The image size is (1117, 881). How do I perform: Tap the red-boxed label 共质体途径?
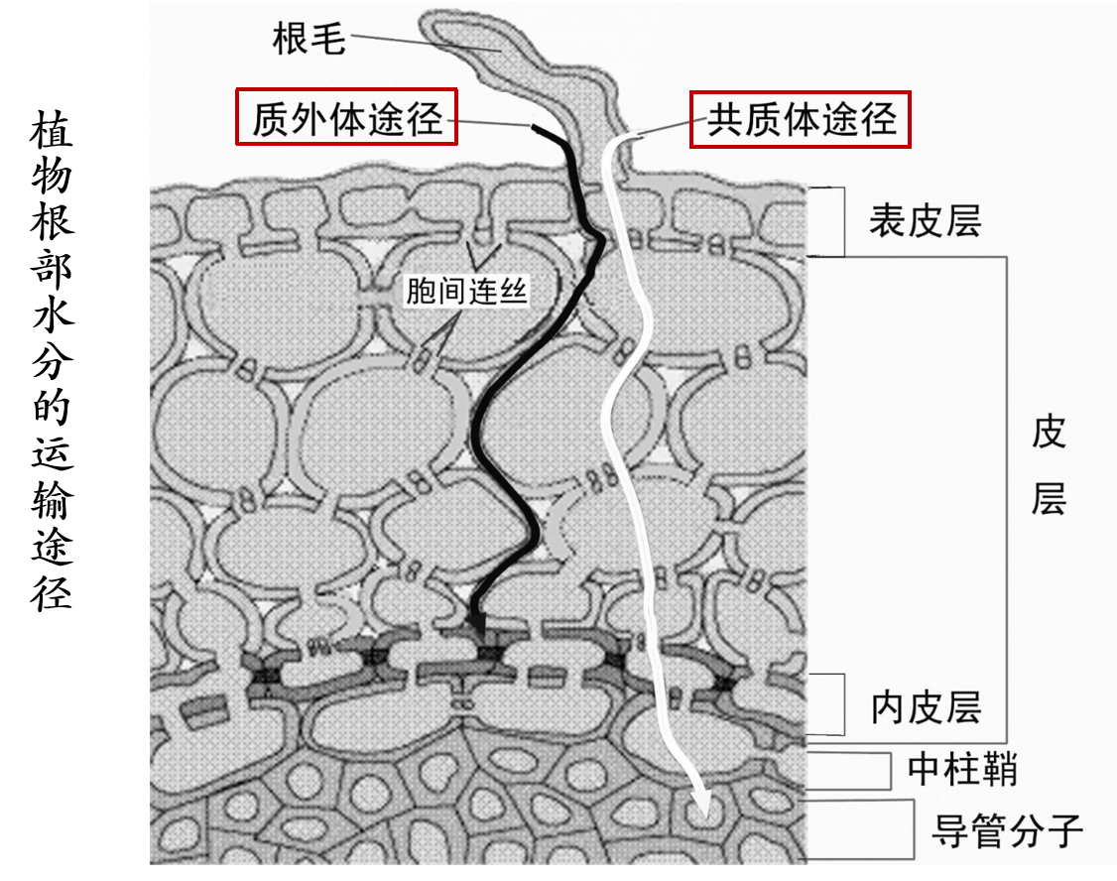point(801,119)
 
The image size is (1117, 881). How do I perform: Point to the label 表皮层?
point(925,220)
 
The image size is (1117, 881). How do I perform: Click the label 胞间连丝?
point(465,291)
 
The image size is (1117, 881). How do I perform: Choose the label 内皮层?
point(926,707)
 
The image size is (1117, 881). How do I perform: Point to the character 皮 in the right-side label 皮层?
point(1048,433)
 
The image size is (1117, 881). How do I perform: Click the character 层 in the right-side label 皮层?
point(1048,499)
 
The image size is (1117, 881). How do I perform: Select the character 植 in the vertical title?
point(52,132)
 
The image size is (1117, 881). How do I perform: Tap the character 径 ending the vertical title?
point(52,591)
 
